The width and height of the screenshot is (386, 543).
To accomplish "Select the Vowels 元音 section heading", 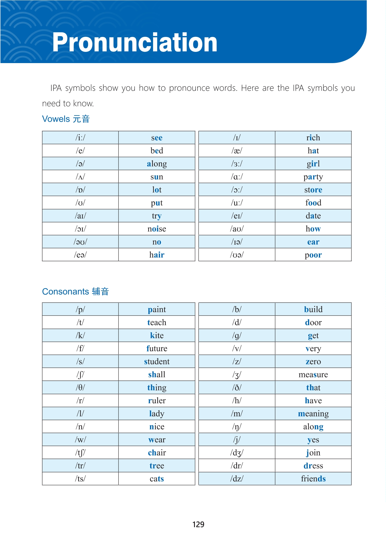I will click(66, 119).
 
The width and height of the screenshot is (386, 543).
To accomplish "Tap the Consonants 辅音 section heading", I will click(75, 292).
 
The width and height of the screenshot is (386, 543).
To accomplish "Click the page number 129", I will click(198, 524).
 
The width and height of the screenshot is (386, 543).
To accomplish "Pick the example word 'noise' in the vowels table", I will click(157, 229).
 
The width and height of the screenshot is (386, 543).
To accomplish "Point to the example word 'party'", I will click(313, 177).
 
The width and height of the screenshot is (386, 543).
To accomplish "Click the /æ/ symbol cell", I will click(237, 151).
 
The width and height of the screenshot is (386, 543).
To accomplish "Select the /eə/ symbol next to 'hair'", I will click(80, 255).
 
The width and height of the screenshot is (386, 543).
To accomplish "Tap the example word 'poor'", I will click(313, 255).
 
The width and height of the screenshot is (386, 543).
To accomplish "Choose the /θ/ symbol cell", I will click(80, 387).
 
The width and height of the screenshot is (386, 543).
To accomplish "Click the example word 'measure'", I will click(313, 374).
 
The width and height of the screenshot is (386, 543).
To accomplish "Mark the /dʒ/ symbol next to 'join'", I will click(237, 453).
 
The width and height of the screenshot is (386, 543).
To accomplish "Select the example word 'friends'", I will click(313, 478).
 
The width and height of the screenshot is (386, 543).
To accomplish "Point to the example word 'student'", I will click(157, 361).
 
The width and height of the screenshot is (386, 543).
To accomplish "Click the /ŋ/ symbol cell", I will click(237, 427).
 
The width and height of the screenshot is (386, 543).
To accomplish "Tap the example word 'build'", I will click(313, 309).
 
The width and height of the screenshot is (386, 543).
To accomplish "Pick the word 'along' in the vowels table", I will click(157, 164).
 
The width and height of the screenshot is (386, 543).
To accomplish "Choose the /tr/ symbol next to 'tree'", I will click(80, 465).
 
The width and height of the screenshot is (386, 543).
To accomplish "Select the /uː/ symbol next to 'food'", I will click(237, 203).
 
